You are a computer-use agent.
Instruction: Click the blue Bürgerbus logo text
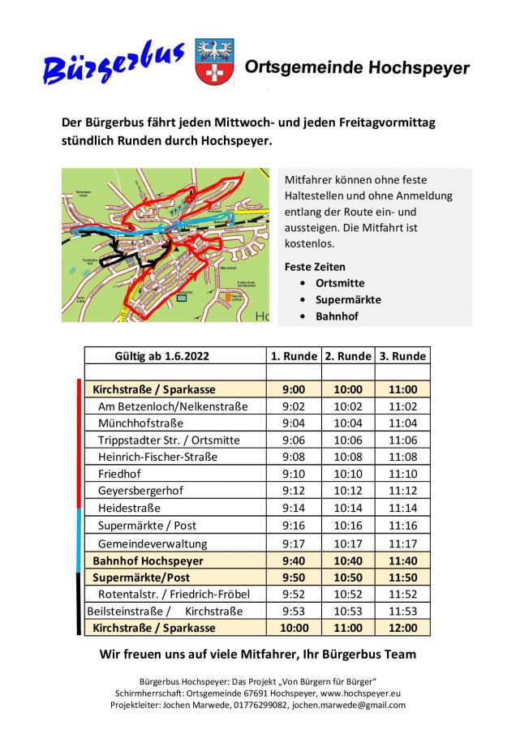tap(114, 63)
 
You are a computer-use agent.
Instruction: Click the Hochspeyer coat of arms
tap(214, 62)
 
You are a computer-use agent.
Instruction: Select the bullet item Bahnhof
tap(338, 316)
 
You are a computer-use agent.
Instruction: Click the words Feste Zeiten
tap(315, 267)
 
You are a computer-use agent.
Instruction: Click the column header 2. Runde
tap(348, 356)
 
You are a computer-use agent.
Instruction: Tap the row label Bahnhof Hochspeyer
tap(148, 560)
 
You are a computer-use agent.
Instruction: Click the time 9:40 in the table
tap(294, 560)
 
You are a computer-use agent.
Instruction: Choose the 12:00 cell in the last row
tap(402, 628)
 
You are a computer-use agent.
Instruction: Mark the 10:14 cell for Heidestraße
tap(348, 508)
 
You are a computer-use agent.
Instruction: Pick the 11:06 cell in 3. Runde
tap(402, 440)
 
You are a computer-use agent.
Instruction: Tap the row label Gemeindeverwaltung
tap(153, 543)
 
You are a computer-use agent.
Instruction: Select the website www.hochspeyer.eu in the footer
tap(359, 693)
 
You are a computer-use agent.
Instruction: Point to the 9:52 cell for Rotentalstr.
tap(294, 594)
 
